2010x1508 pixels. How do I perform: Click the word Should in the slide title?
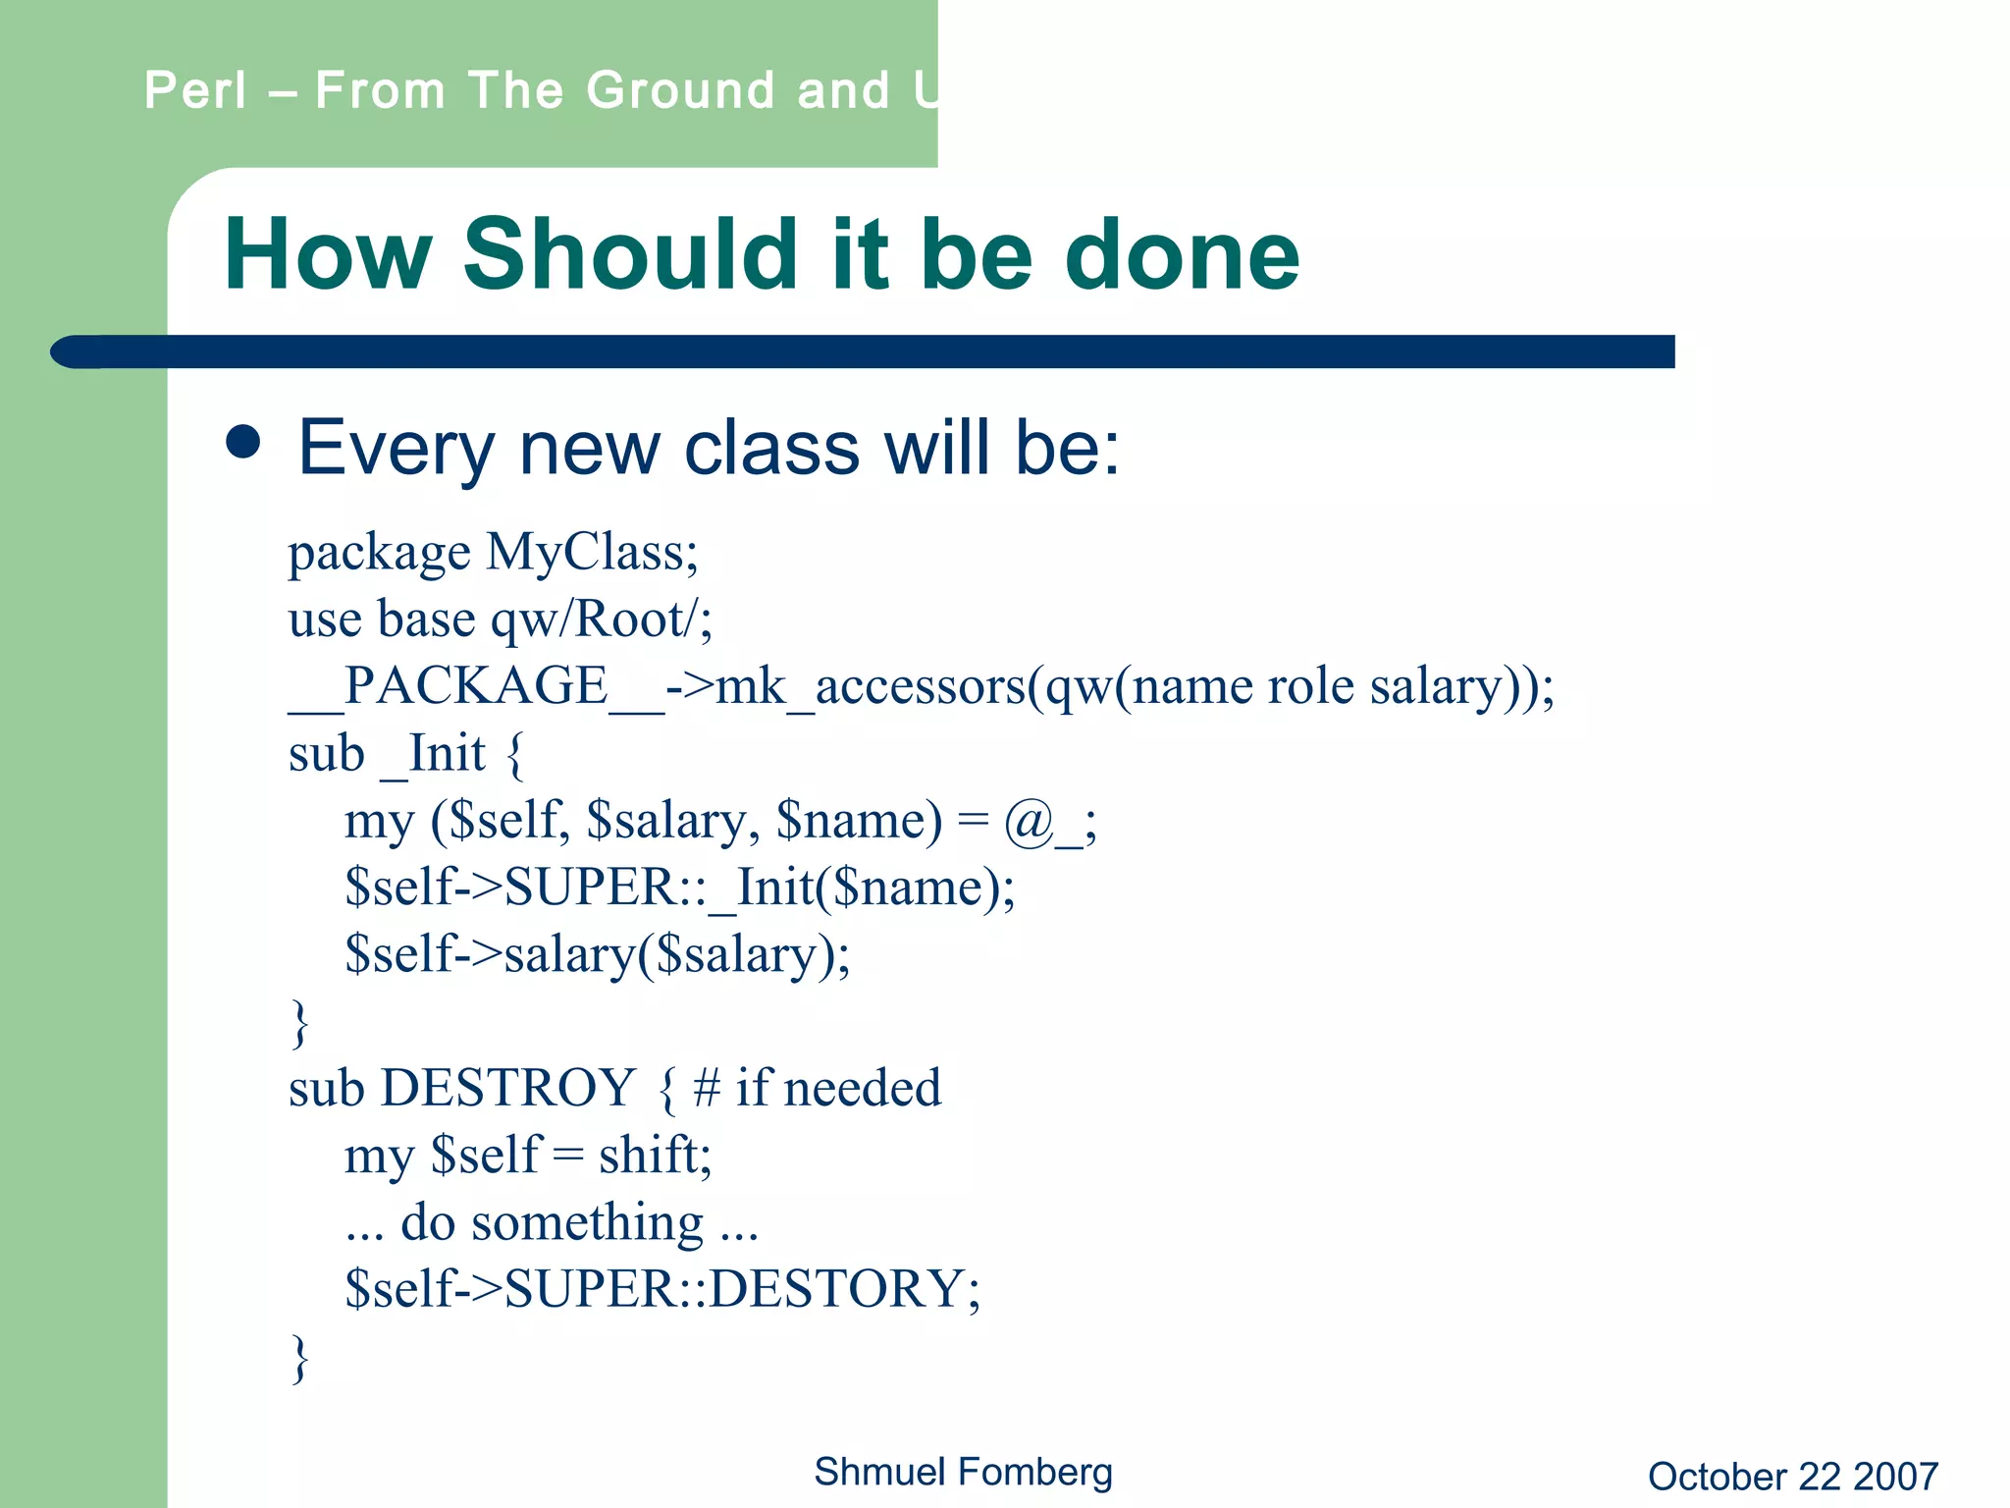(629, 254)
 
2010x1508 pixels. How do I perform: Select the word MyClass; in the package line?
(593, 552)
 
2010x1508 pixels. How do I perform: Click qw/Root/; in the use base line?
(602, 619)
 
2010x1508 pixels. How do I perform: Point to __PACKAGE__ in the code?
(476, 686)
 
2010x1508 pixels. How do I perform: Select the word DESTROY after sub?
(508, 1088)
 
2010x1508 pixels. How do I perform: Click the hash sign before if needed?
(707, 1088)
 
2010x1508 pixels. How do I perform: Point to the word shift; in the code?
(655, 1156)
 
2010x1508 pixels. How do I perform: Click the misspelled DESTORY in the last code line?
(837, 1289)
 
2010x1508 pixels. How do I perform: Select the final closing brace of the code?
(300, 1358)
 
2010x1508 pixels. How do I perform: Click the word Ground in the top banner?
(680, 90)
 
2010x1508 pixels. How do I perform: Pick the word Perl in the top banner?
(194, 90)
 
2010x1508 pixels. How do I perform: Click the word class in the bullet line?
(771, 448)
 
